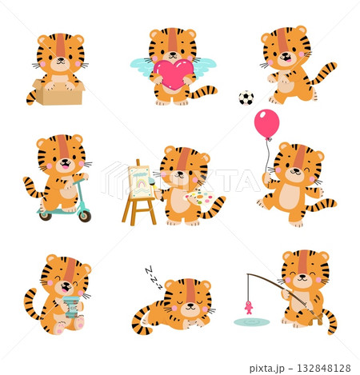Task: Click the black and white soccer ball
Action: (246, 98)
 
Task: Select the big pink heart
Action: (173, 74)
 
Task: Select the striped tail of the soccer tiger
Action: (322, 75)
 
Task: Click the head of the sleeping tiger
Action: (190, 297)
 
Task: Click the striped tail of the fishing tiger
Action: (327, 317)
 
